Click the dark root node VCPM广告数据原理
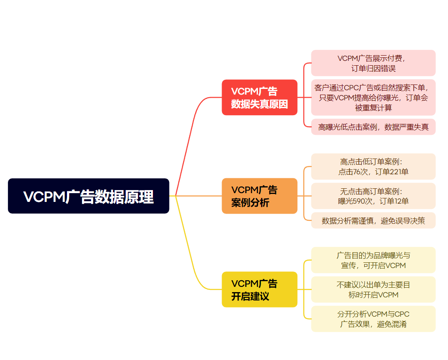(88, 196)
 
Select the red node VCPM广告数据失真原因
(259, 97)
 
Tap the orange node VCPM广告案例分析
(259, 196)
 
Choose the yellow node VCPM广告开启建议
(259, 289)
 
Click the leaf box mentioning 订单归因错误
(373, 63)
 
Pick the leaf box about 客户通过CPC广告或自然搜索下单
(373, 97)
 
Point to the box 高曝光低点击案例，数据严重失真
(373, 127)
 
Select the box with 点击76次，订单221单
(373, 166)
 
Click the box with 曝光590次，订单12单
(373, 196)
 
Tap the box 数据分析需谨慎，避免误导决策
(373, 220)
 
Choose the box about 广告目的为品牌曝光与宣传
(373, 260)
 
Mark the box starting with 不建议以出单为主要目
(373, 289)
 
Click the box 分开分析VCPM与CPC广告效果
(373, 319)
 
